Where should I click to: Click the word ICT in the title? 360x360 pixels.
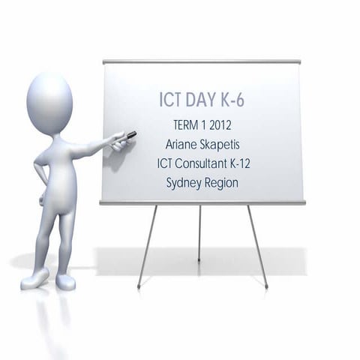pyautogui.click(x=174, y=100)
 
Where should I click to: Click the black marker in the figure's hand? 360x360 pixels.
pyautogui.click(x=130, y=135)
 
